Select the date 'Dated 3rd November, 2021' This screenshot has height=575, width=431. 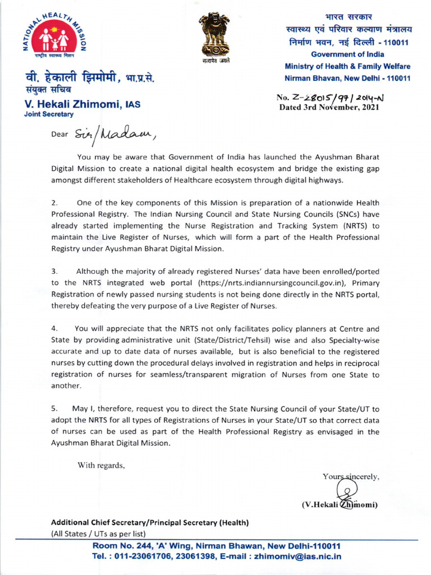point(330,108)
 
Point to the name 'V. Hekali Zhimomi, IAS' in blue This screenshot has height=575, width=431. point(82,104)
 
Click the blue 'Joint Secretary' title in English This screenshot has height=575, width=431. point(48,114)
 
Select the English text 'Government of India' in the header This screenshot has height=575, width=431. point(347,54)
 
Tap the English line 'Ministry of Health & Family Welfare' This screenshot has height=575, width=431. point(347,66)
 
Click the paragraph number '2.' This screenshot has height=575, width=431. point(54,203)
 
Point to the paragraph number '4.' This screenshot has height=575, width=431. point(54,328)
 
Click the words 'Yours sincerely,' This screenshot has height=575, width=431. point(352,477)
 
